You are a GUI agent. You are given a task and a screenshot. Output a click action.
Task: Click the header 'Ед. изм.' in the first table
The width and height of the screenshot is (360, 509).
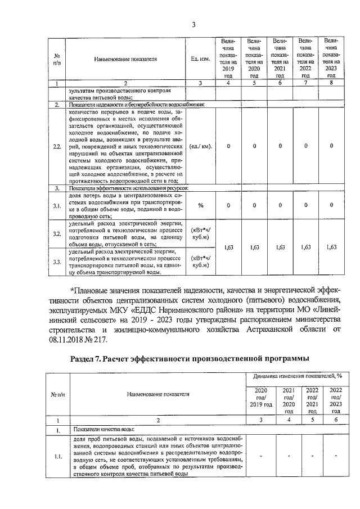tap(201, 58)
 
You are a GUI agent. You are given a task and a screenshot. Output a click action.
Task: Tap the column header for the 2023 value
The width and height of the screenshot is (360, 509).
tap(331, 58)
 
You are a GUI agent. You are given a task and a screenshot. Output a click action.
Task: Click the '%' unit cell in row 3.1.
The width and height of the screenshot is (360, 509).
tap(201, 205)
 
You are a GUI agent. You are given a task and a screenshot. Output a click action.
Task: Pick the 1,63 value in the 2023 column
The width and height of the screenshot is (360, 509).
tap(331, 247)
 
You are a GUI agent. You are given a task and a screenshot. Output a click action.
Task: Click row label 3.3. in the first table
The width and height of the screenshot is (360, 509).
tap(57, 262)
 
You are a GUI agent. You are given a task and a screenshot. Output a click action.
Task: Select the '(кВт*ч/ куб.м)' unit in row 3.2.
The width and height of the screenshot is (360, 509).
tap(201, 233)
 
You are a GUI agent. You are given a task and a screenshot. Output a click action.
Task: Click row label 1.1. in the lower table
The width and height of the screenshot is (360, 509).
tap(57, 457)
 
